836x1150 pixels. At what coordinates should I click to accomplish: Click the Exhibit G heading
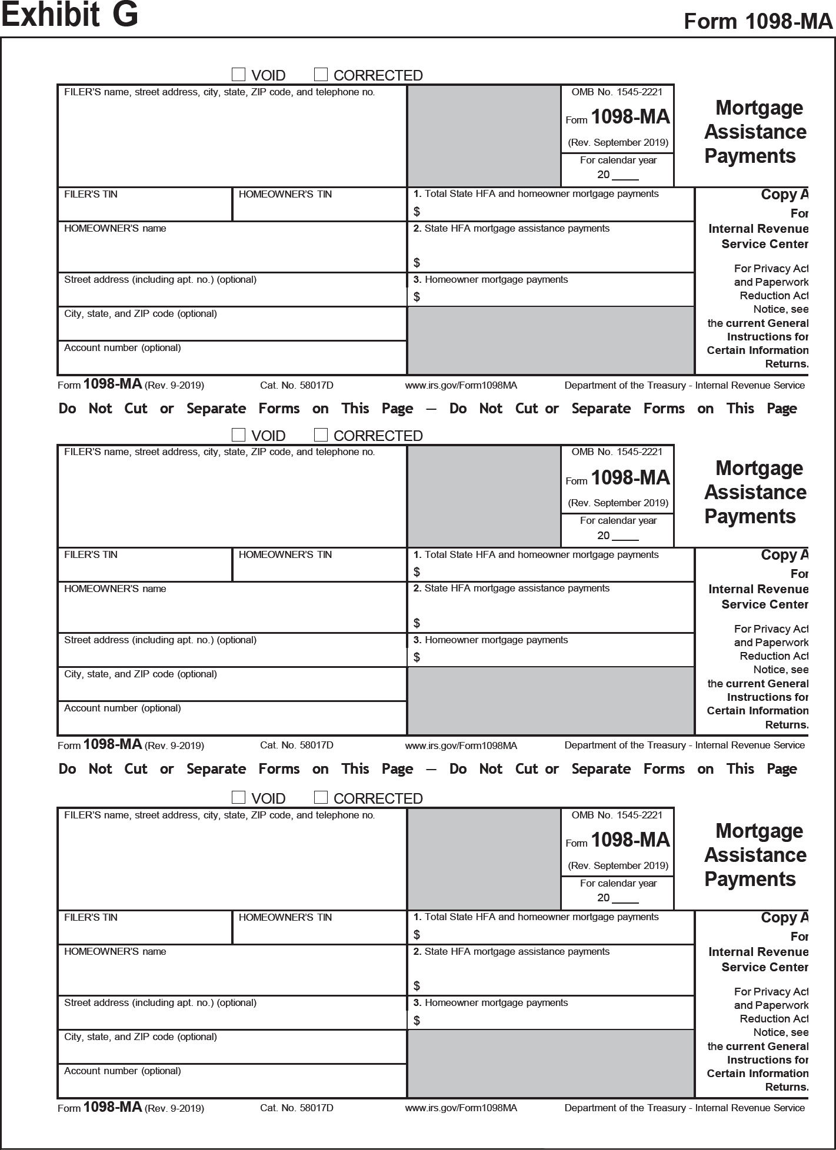click(x=69, y=15)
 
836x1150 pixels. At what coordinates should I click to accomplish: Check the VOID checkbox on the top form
click(x=238, y=75)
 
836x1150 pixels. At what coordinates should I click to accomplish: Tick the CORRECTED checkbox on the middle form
click(x=321, y=435)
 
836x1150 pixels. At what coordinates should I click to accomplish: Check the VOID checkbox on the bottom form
click(x=238, y=797)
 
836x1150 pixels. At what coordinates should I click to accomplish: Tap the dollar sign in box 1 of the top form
click(x=417, y=212)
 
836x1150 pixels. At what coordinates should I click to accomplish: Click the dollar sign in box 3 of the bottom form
click(x=417, y=1021)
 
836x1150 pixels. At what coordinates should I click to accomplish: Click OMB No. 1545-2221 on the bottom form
click(x=617, y=815)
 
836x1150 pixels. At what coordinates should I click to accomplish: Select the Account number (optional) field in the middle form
click(x=232, y=718)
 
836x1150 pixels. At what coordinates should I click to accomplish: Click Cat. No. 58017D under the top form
click(x=297, y=385)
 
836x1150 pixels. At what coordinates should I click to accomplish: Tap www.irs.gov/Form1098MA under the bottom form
click(x=461, y=1108)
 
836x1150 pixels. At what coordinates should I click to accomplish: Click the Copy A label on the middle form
click(x=784, y=554)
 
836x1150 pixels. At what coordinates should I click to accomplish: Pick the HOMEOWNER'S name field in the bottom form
click(x=232, y=970)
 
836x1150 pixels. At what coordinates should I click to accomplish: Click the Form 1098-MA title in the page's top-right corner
click(x=758, y=21)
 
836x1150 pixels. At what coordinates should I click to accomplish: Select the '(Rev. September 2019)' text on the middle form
click(x=618, y=503)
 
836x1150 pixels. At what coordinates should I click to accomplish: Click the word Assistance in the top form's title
click(x=755, y=132)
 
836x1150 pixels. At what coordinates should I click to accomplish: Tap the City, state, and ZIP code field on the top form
click(x=232, y=324)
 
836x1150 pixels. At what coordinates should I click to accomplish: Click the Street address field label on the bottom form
click(x=160, y=1002)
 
